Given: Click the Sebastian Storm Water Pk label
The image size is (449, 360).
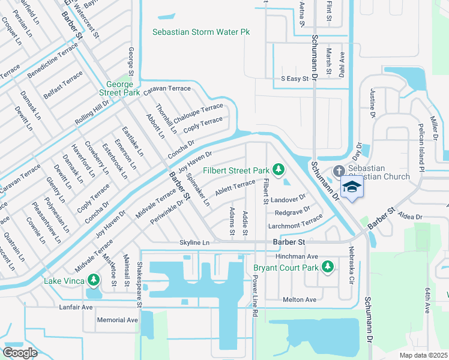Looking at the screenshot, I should click(x=200, y=32).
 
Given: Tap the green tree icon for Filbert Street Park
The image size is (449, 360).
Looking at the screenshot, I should click(x=278, y=170).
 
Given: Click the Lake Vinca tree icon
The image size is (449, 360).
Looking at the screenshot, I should click(x=93, y=280).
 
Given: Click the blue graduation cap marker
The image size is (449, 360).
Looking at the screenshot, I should click(x=352, y=187).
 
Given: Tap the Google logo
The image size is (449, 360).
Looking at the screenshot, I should click(x=20, y=352).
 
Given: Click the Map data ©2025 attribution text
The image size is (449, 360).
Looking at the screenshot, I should click(x=423, y=355).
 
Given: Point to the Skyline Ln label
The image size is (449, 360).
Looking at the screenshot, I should click(x=194, y=242).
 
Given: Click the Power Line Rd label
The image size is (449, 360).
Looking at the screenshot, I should click(x=255, y=296).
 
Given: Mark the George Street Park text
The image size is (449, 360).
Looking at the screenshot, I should click(x=123, y=88).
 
